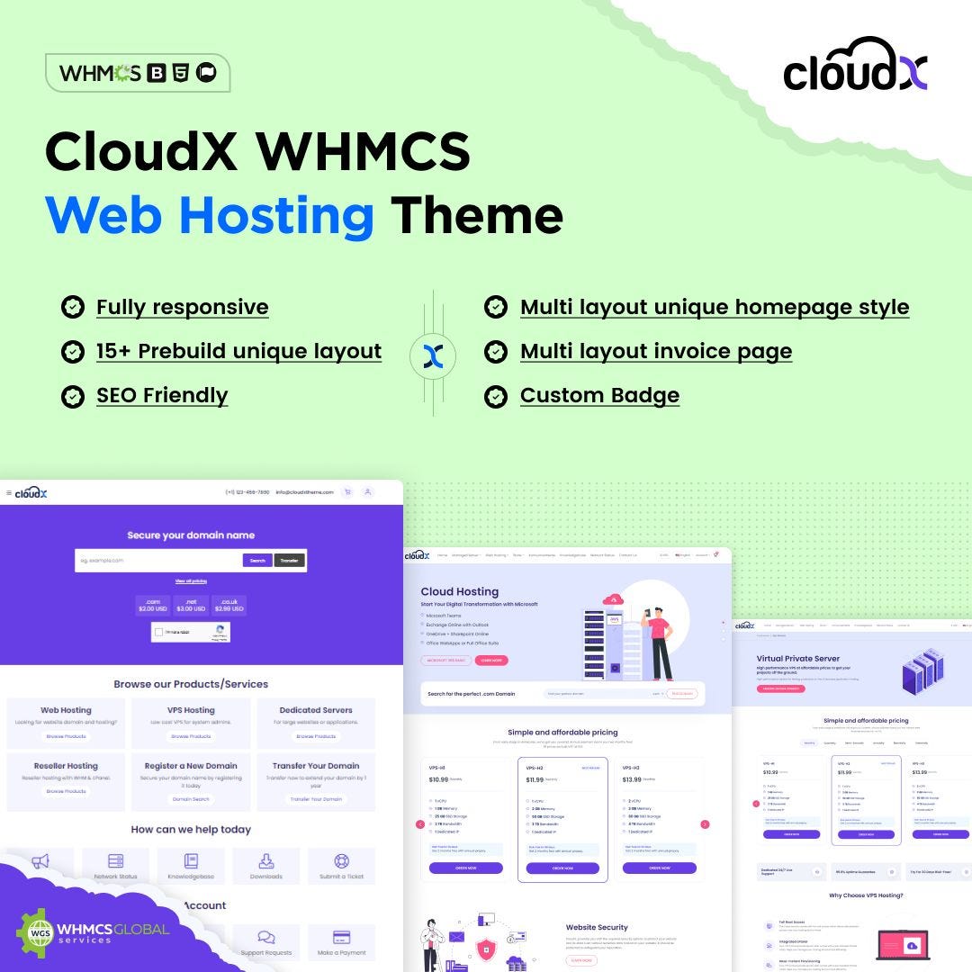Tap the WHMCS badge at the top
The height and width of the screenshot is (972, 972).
coord(138,73)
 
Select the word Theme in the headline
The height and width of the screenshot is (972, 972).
coord(476,215)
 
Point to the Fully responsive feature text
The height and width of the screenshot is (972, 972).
coord(183,307)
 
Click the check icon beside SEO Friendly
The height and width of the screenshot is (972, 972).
coord(72,395)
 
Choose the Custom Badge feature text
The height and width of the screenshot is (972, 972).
coord(599,395)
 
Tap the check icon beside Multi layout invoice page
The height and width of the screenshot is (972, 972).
coord(495,351)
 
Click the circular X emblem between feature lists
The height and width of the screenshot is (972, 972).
coord(433,353)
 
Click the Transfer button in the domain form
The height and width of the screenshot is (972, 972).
coord(290,560)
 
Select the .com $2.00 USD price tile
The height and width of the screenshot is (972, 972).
coord(152,605)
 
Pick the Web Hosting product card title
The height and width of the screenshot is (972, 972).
coord(66,710)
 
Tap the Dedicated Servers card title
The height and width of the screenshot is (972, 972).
coord(316,710)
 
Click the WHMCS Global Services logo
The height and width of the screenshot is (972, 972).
coord(93,932)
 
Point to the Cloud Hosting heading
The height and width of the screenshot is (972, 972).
coord(460,591)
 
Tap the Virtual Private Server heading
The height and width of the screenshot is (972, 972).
coord(799,659)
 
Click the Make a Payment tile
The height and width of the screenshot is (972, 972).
coord(341,942)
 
